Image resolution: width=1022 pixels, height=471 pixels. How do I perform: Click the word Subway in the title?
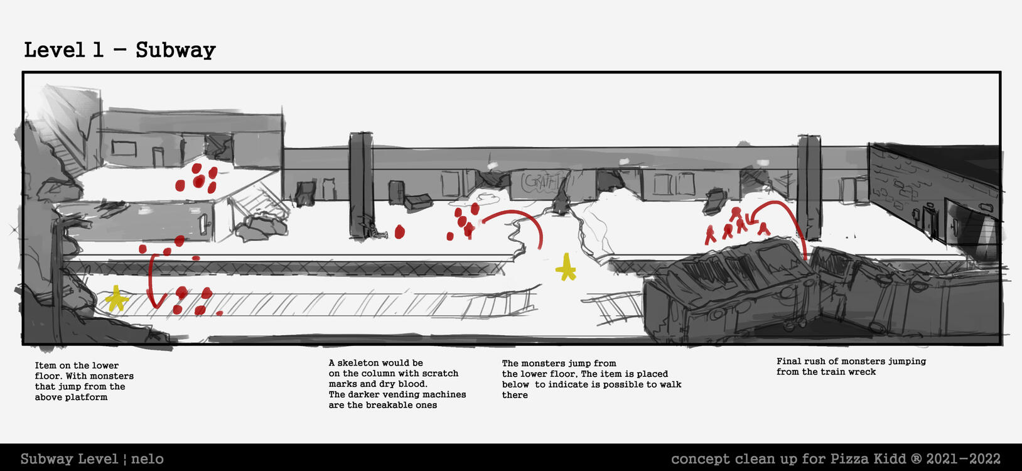pos(176,51)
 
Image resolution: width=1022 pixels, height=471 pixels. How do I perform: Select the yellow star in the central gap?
pos(566,267)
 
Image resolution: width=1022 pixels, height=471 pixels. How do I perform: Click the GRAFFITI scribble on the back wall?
pos(541,182)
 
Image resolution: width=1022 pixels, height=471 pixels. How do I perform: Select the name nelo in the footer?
pos(148,458)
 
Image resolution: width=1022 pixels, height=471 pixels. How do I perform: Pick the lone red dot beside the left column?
pos(400,232)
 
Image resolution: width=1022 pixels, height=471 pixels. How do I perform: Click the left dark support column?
pos(361,185)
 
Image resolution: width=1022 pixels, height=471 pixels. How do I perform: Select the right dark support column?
pos(809,187)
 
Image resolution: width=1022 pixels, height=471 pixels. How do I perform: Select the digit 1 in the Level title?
pos(98,50)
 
